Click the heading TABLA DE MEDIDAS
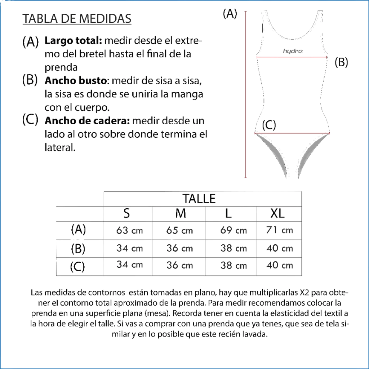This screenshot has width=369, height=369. [77, 18]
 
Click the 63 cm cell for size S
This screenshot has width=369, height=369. [129, 230]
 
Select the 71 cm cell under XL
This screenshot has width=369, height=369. [279, 230]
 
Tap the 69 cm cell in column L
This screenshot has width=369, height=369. [233, 230]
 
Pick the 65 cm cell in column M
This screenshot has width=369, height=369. [179, 230]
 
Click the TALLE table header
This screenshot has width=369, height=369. [199, 199]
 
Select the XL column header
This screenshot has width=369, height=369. [277, 213]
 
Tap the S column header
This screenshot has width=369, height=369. [126, 213]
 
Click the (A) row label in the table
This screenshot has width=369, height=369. [78, 229]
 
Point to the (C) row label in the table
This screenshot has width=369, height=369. [77, 267]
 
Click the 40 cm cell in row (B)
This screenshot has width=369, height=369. [279, 248]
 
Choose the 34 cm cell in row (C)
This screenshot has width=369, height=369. [129, 264]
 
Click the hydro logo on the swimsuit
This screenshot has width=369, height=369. [293, 51]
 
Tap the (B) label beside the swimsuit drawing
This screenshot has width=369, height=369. [341, 62]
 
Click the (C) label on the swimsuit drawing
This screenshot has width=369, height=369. [268, 125]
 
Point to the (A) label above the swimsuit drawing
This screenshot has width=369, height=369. [230, 14]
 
